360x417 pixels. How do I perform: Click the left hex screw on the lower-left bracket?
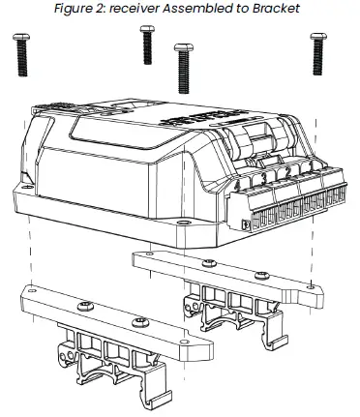coord(84,307)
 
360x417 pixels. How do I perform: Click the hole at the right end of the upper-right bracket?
coord(308,286)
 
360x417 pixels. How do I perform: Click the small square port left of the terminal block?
coord(244,223)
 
